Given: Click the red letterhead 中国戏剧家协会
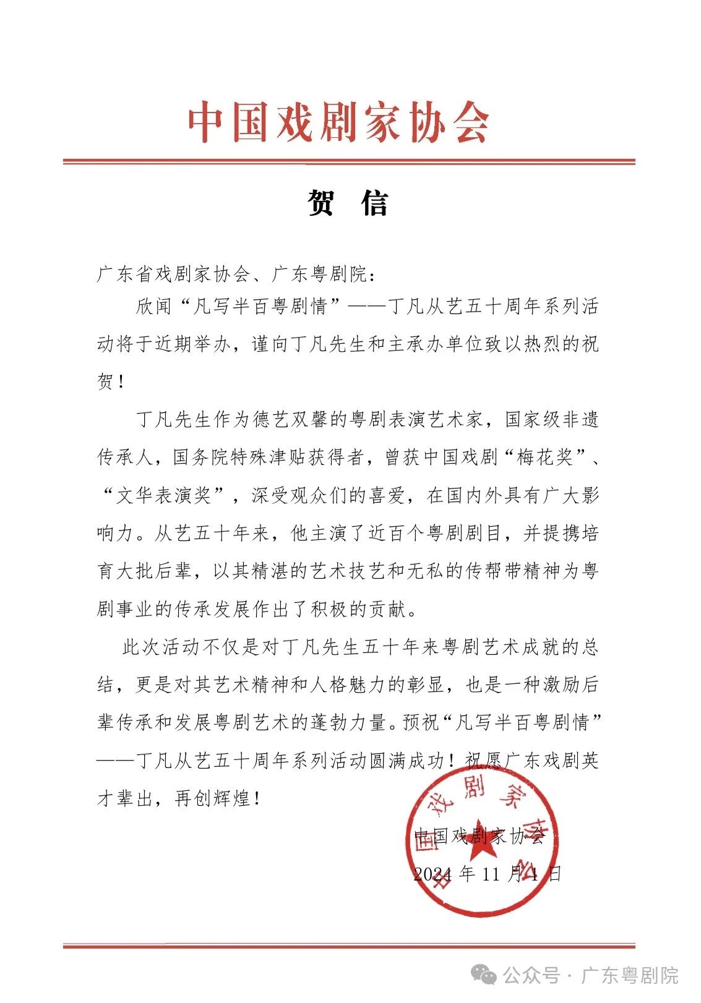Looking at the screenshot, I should click(338, 122).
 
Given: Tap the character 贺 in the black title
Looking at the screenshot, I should click(321, 203).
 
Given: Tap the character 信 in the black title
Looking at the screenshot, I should click(375, 203).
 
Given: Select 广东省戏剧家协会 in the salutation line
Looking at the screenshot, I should click(174, 274).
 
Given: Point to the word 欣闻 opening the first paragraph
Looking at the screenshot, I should click(155, 307).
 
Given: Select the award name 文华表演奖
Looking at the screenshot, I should click(165, 496).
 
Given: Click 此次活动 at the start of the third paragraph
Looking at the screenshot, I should click(161, 648).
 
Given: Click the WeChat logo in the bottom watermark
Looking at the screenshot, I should click(483, 976).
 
